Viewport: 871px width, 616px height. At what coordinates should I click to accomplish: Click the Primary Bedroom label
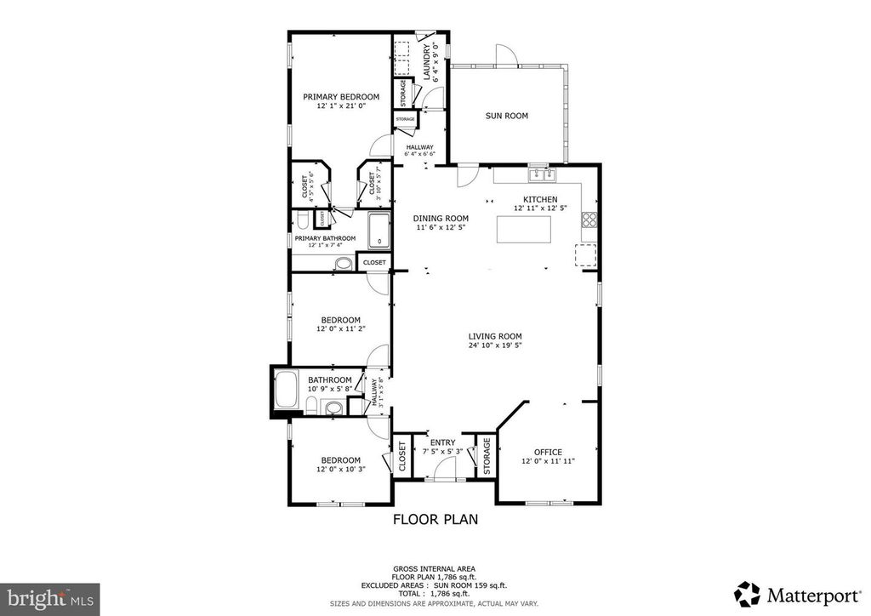pos(341,97)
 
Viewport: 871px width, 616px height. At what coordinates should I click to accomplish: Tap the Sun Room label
pos(507,116)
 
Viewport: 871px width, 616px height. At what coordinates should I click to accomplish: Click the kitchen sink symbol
pos(541,175)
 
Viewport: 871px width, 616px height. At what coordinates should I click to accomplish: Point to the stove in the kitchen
pos(588,220)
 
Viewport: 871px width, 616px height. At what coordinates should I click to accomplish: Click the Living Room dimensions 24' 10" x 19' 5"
pos(495,346)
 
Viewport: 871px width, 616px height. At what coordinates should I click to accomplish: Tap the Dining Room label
pos(441,218)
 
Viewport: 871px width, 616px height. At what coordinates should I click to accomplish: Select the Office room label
pos(548,452)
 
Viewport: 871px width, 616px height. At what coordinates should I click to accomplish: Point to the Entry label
pos(442,442)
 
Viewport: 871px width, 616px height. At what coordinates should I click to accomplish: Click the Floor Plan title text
pos(435,519)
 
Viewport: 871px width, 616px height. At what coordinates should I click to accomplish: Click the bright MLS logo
pos(49,598)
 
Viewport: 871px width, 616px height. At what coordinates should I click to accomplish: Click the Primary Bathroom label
pos(325,238)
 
